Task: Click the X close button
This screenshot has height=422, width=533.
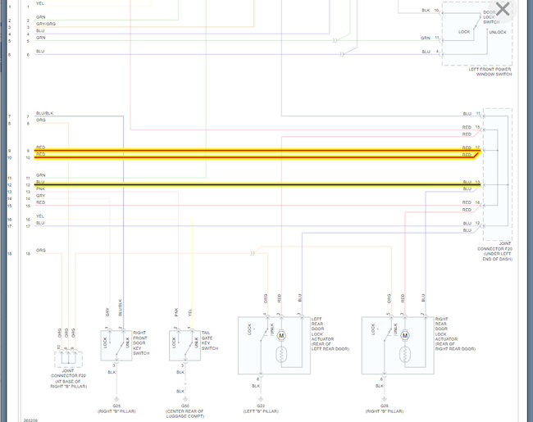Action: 503,10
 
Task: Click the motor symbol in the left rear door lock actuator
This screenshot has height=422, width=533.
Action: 281,336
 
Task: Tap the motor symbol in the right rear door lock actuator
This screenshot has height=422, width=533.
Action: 404,336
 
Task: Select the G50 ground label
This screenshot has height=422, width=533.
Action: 185,405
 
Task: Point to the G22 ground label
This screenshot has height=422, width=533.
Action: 260,405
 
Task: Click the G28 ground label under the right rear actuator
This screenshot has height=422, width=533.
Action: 384,405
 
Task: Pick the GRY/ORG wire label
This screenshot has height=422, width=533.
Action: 46,24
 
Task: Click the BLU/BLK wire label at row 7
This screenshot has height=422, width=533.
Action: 44,113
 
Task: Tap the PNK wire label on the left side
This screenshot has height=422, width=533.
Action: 40,189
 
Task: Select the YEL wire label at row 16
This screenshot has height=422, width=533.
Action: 40,216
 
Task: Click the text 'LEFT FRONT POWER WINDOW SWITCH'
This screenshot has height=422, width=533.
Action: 490,72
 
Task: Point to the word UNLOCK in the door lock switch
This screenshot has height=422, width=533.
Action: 498,32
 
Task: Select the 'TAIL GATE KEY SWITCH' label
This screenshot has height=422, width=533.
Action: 210,339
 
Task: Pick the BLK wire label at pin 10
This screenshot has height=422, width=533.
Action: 426,10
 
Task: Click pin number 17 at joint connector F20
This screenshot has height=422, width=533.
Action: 477,147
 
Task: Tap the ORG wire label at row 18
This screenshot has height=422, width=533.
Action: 41,250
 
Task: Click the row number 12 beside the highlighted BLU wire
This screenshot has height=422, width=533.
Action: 8,185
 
